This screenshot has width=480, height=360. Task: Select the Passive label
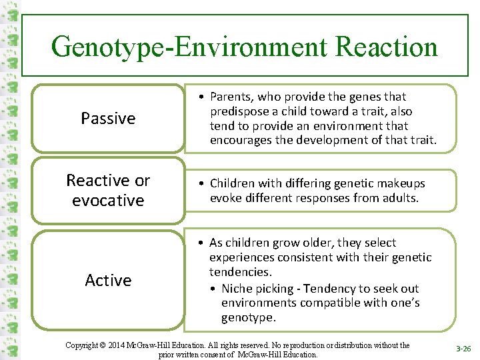click(108, 119)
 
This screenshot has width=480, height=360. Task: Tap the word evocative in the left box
click(108, 200)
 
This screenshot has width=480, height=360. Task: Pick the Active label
click(108, 280)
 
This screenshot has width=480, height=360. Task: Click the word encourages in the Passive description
click(241, 140)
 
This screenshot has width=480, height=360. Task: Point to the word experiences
click(241, 257)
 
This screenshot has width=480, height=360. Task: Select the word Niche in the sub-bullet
click(237, 288)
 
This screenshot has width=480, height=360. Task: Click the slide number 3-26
click(463, 349)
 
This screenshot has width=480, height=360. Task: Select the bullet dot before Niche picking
click(211, 288)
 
